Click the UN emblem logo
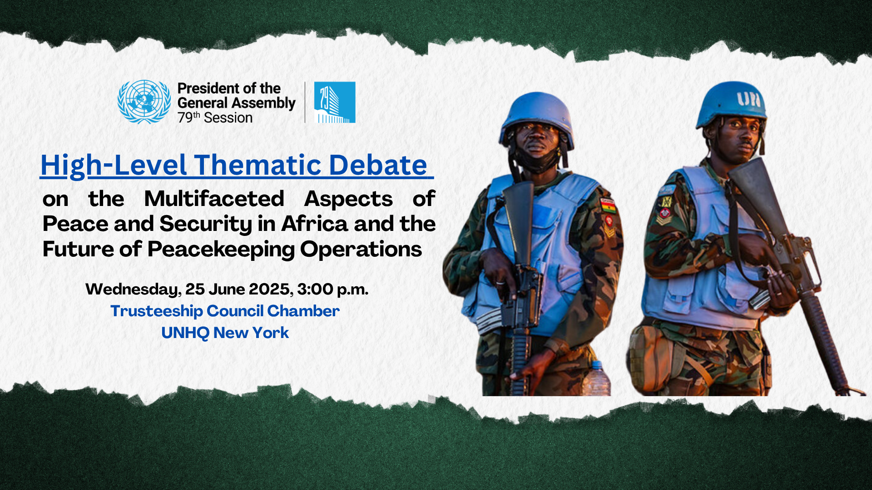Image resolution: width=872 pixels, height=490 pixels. pyautogui.click(x=144, y=102)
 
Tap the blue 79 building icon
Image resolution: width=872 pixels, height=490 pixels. pyautogui.click(x=335, y=103)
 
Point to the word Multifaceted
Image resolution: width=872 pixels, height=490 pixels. pyautogui.click(x=214, y=199)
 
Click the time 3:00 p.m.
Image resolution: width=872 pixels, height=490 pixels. pyautogui.click(x=333, y=289)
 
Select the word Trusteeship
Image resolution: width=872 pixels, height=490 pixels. pyautogui.click(x=157, y=311)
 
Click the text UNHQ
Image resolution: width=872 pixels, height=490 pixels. pyautogui.click(x=185, y=333)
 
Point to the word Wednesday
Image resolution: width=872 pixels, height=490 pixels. pyautogui.click(x=134, y=289)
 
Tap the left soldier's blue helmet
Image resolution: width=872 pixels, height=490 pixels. pyautogui.click(x=536, y=117)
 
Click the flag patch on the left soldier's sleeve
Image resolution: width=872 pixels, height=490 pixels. pyautogui.click(x=608, y=206)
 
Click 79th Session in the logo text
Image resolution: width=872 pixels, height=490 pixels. pyautogui.click(x=215, y=118)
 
